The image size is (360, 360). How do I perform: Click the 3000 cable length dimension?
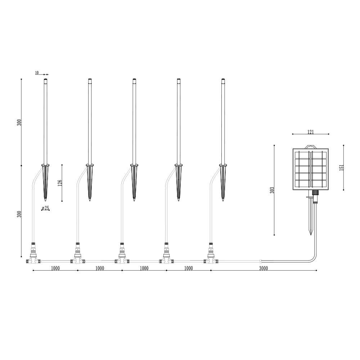coord(264,269)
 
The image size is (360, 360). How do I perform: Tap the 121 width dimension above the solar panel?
coord(310,132)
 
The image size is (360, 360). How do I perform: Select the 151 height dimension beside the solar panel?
coord(341,167)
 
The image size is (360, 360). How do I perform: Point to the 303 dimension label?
coord(272,190)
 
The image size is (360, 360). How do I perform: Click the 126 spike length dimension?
coord(60,183)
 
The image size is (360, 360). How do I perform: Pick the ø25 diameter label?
coord(45,208)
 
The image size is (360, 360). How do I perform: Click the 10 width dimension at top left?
coord(37,73)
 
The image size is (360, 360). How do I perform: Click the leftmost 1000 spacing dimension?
coord(55,269)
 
